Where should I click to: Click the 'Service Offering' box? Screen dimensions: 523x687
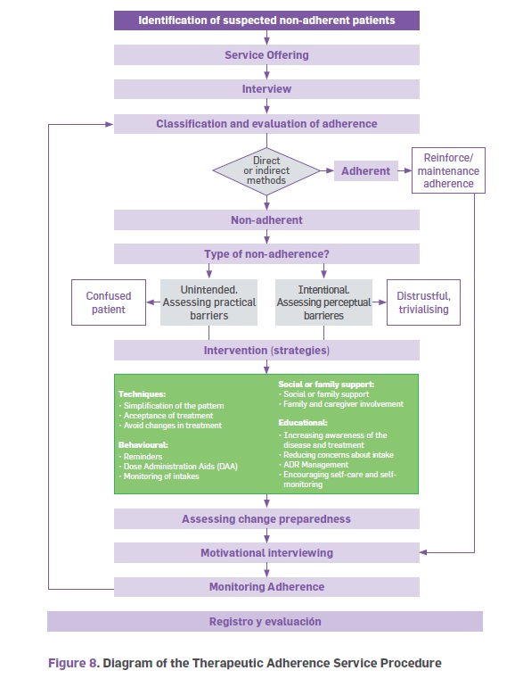[x=266, y=54]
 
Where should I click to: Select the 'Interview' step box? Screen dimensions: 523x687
[x=266, y=89]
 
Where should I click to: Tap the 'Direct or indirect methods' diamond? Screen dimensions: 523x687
[x=266, y=170]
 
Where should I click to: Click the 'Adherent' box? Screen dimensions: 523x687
[x=366, y=171]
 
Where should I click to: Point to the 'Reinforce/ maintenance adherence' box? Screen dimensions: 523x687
[x=448, y=170]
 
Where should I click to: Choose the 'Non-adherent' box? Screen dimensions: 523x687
[x=266, y=220]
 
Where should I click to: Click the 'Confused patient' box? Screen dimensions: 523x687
[x=109, y=302]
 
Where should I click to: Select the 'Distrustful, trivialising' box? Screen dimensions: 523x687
[x=423, y=302]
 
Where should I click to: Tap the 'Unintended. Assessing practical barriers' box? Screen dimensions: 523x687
[x=208, y=302]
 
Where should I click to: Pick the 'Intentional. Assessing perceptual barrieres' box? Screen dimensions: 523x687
[x=323, y=302]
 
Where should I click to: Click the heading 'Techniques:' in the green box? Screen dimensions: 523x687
[x=142, y=393]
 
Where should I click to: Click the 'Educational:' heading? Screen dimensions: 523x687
[x=303, y=423]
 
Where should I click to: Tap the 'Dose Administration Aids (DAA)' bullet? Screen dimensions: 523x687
[x=178, y=466]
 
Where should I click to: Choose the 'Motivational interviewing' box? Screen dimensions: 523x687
[x=266, y=553]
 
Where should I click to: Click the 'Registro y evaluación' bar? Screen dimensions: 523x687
[x=265, y=621]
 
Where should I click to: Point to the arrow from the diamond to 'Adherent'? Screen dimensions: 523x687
[x=327, y=170]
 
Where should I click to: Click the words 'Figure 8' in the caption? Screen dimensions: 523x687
[x=74, y=663]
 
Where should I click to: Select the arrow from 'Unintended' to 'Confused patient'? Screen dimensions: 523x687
[x=153, y=302]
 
